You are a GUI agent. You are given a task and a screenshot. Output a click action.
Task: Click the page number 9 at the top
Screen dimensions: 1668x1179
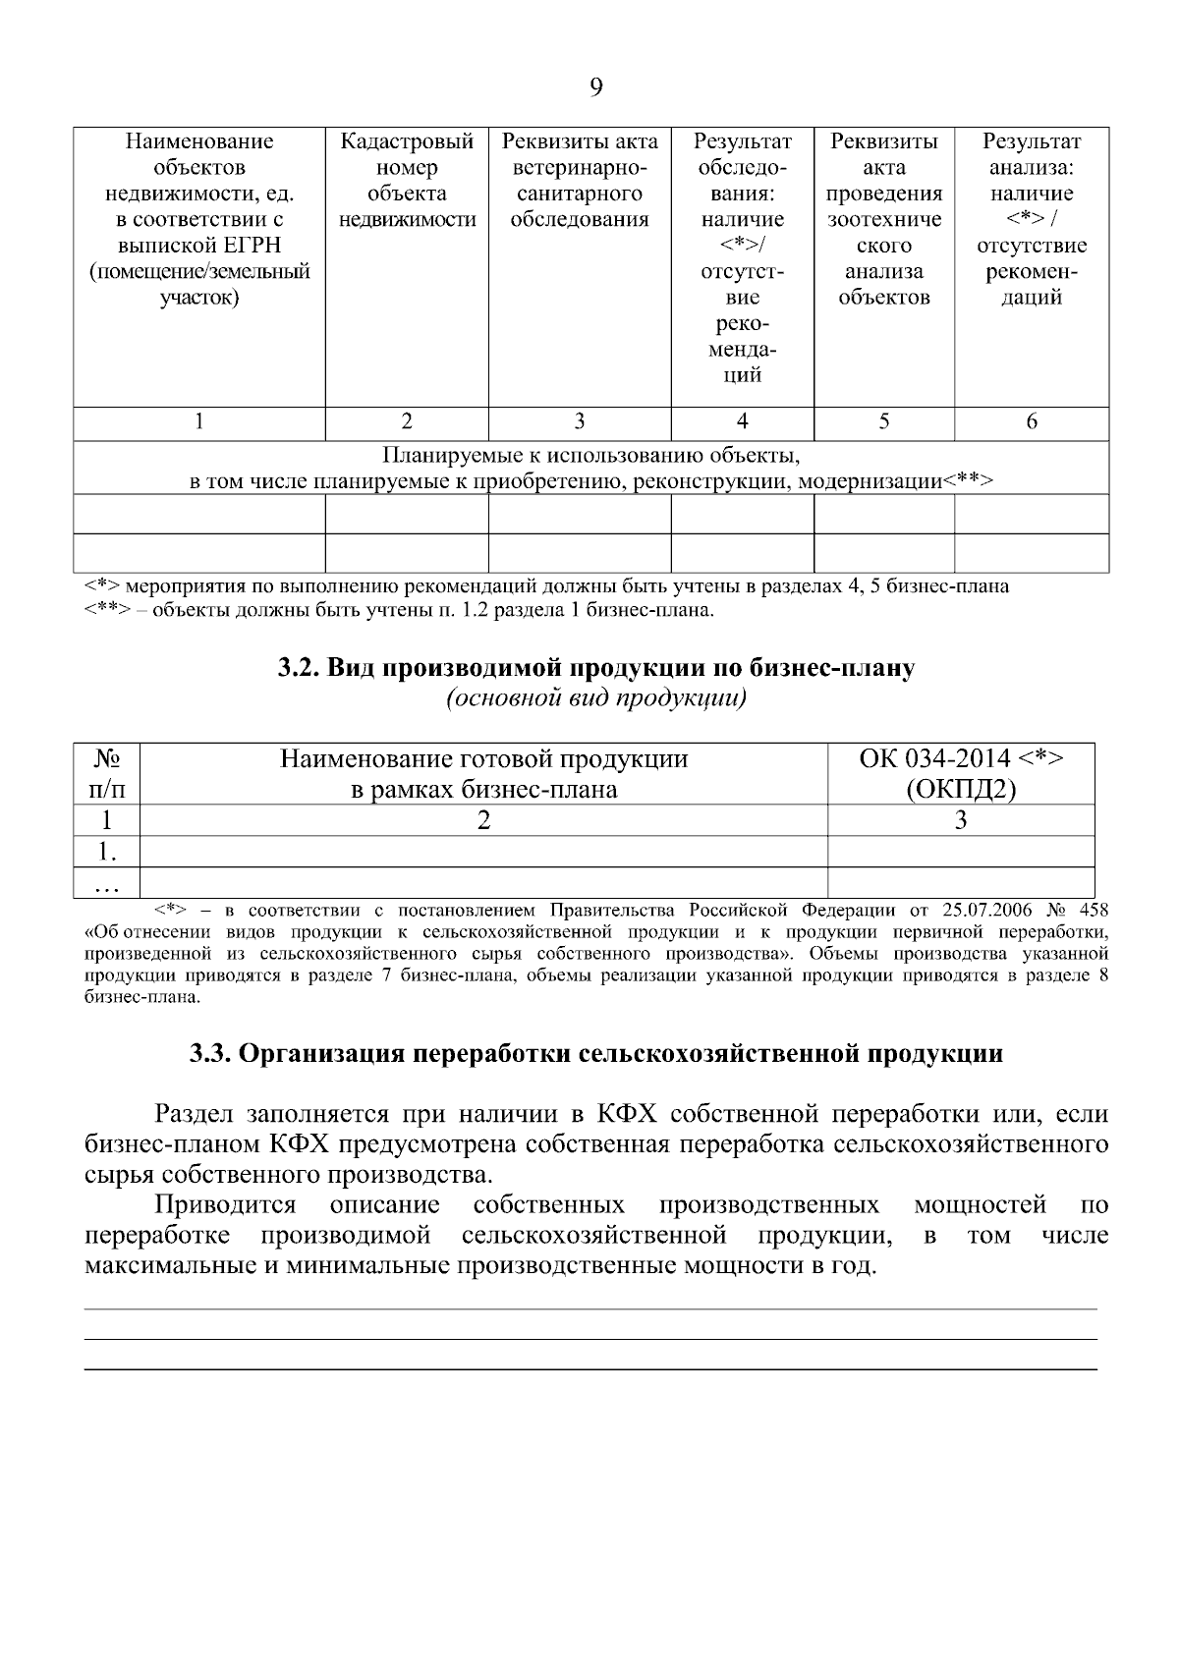[595, 88]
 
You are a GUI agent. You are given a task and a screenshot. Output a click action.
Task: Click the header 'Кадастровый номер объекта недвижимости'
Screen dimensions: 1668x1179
[407, 181]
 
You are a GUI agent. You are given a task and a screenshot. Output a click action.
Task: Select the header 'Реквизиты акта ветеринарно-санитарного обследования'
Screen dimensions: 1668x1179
[580, 181]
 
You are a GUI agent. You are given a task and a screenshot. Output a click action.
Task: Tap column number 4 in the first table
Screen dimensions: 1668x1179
[743, 422]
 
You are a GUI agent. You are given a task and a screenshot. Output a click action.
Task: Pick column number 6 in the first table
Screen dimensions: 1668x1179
[1032, 422]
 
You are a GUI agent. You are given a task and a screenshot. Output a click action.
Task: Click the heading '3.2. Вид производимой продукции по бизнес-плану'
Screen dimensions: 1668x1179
[595, 668]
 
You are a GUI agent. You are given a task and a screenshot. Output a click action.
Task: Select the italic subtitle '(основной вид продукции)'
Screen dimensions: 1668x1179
[595, 698]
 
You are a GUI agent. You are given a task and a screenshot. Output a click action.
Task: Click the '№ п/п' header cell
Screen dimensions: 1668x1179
[107, 773]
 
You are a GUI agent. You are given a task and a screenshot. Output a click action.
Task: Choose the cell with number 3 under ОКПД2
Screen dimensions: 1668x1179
[961, 820]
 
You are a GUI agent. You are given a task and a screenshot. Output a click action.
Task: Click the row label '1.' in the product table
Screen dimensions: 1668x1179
[107, 851]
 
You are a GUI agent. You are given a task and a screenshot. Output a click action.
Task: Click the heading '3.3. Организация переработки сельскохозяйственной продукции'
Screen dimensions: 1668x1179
[595, 1054]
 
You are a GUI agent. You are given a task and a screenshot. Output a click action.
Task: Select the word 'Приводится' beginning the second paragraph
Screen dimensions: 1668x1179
[225, 1204]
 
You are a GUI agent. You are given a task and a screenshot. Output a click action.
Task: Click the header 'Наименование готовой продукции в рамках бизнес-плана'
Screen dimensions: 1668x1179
[483, 773]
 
